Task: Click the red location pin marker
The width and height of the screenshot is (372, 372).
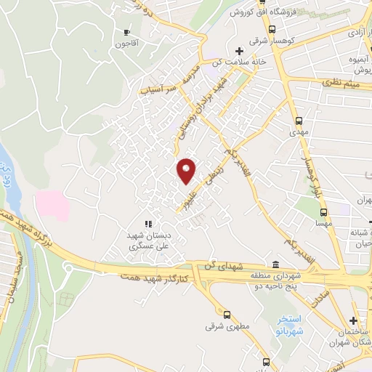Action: pyautogui.click(x=187, y=170)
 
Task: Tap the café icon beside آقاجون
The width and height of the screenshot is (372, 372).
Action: pyautogui.click(x=127, y=33)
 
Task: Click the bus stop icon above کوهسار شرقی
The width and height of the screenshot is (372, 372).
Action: pyautogui.click(x=272, y=30)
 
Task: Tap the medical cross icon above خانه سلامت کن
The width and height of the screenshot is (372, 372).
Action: pyautogui.click(x=239, y=50)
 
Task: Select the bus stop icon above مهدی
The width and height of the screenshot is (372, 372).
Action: pyautogui.click(x=299, y=121)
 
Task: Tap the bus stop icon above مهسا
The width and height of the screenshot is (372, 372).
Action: pyautogui.click(x=323, y=213)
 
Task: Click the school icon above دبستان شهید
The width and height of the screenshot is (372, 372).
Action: pyautogui.click(x=147, y=225)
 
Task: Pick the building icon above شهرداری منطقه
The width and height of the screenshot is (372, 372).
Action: pyautogui.click(x=275, y=264)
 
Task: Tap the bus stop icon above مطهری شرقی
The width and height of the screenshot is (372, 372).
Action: pyautogui.click(x=227, y=315)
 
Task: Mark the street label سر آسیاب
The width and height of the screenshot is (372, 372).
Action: pyautogui.click(x=158, y=89)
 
